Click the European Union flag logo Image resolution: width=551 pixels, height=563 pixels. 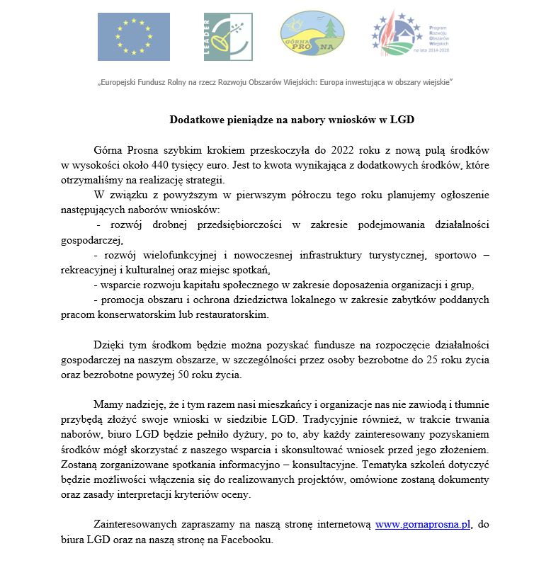click(133, 36)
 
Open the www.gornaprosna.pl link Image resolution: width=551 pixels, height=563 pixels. click(423, 525)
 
